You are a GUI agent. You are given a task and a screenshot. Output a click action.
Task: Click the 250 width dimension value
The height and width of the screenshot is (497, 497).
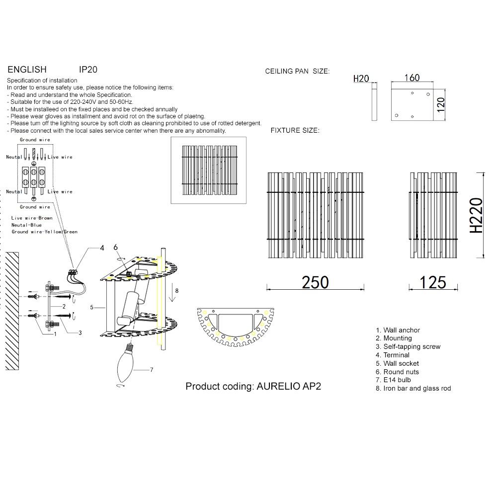316,282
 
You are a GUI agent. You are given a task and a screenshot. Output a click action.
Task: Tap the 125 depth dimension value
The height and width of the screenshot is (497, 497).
432,282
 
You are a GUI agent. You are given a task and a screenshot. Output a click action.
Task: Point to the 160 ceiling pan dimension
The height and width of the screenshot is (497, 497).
412,78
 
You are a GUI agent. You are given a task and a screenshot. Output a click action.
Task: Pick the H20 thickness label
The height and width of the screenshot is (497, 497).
361,79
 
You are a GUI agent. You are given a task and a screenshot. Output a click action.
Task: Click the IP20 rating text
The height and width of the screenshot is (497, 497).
88,70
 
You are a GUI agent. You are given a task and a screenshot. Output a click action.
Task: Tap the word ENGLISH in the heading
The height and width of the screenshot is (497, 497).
27,70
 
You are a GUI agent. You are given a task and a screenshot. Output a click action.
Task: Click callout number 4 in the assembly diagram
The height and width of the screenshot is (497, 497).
102,248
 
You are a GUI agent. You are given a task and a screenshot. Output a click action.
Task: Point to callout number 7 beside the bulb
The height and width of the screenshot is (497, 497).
152,370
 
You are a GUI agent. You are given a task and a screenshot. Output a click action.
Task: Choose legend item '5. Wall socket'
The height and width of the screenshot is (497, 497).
397,363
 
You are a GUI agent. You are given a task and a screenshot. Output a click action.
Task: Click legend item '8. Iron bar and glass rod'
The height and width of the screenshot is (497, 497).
413,388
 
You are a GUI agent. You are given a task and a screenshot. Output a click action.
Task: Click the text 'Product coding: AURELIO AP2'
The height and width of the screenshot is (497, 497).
253,386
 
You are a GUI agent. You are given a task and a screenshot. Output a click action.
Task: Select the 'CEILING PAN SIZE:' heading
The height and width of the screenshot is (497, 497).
297,72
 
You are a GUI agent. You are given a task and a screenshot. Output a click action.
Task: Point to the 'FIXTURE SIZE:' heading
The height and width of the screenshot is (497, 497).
295,130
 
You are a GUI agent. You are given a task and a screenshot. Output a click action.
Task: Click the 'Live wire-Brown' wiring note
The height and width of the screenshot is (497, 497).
32,218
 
